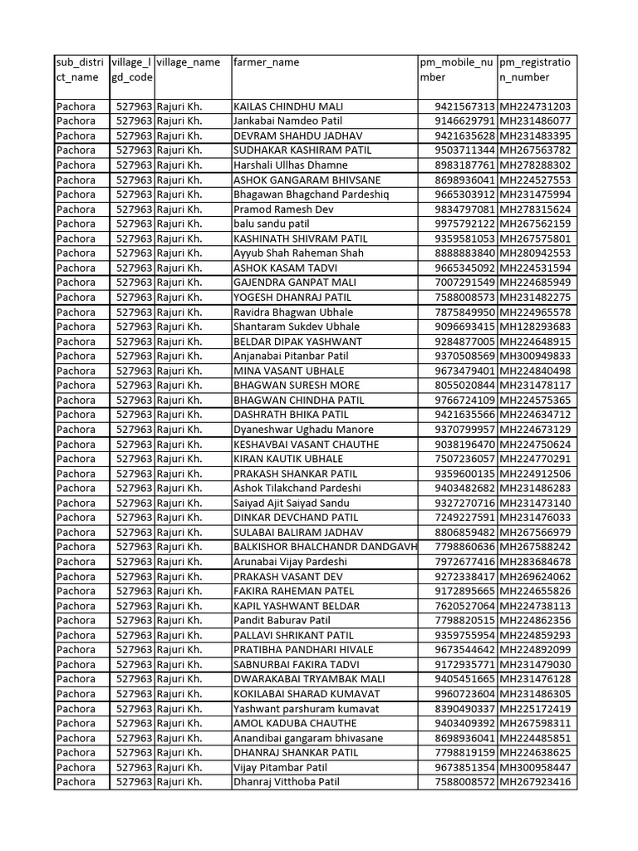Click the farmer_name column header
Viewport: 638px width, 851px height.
267,62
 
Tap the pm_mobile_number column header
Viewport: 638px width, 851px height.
456,70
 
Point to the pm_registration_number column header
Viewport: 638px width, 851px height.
536,70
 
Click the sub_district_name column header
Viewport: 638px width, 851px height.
81,70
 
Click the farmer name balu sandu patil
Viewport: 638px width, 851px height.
272,224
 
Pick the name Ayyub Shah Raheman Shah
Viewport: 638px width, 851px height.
298,253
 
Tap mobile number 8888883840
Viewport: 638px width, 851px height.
464,253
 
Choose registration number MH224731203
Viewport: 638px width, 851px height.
535,107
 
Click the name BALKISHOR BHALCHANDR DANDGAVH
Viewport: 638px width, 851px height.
325,547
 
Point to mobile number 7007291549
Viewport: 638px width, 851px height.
464,283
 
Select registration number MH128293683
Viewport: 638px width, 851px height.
535,327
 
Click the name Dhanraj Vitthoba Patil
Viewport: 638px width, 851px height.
287,782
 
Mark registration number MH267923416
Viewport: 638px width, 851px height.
535,782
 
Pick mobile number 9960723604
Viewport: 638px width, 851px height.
464,694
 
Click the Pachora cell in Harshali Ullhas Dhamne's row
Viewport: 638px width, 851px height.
76,165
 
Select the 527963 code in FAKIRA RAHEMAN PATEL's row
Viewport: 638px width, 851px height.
134,591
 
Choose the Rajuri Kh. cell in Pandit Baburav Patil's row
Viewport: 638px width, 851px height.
179,620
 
